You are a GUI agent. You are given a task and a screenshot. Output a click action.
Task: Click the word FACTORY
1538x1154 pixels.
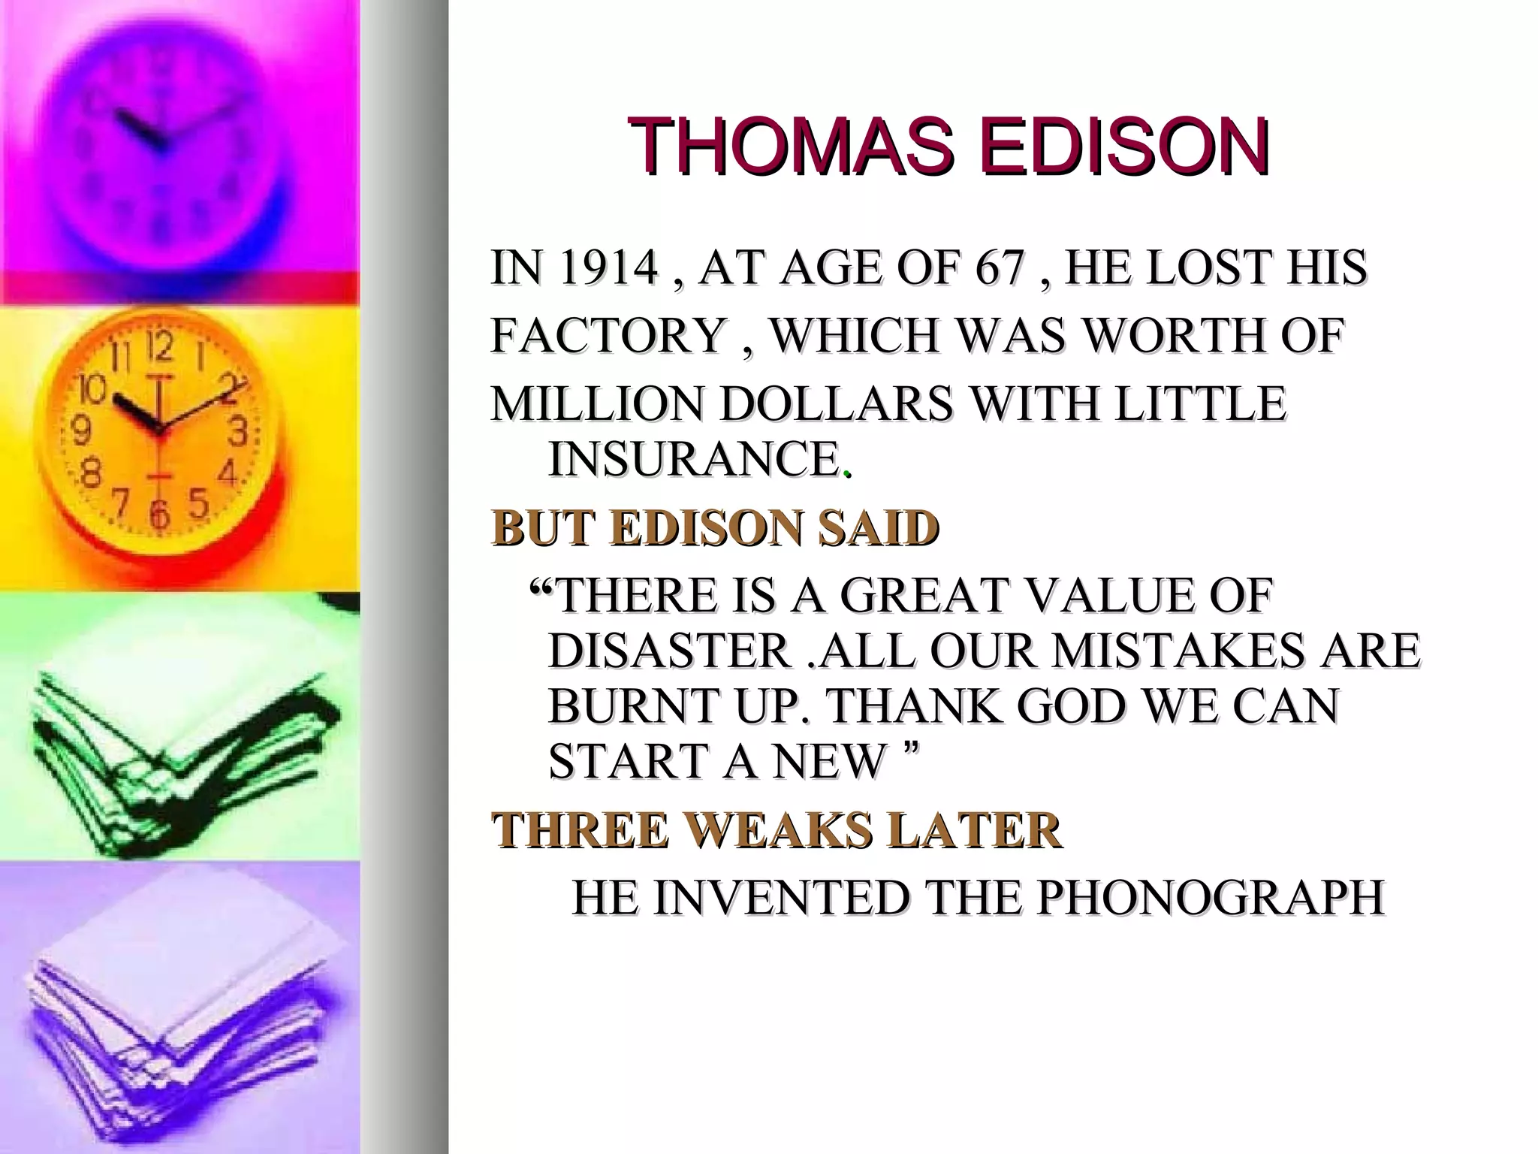tap(609, 335)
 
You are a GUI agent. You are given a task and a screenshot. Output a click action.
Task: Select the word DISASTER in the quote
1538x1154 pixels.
tap(668, 650)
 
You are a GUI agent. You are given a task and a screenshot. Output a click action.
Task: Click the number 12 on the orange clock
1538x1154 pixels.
tap(158, 347)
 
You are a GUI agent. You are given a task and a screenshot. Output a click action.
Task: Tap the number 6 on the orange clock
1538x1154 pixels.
tap(158, 516)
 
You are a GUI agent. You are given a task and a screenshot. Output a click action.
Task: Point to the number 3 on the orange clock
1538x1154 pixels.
tap(239, 431)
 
